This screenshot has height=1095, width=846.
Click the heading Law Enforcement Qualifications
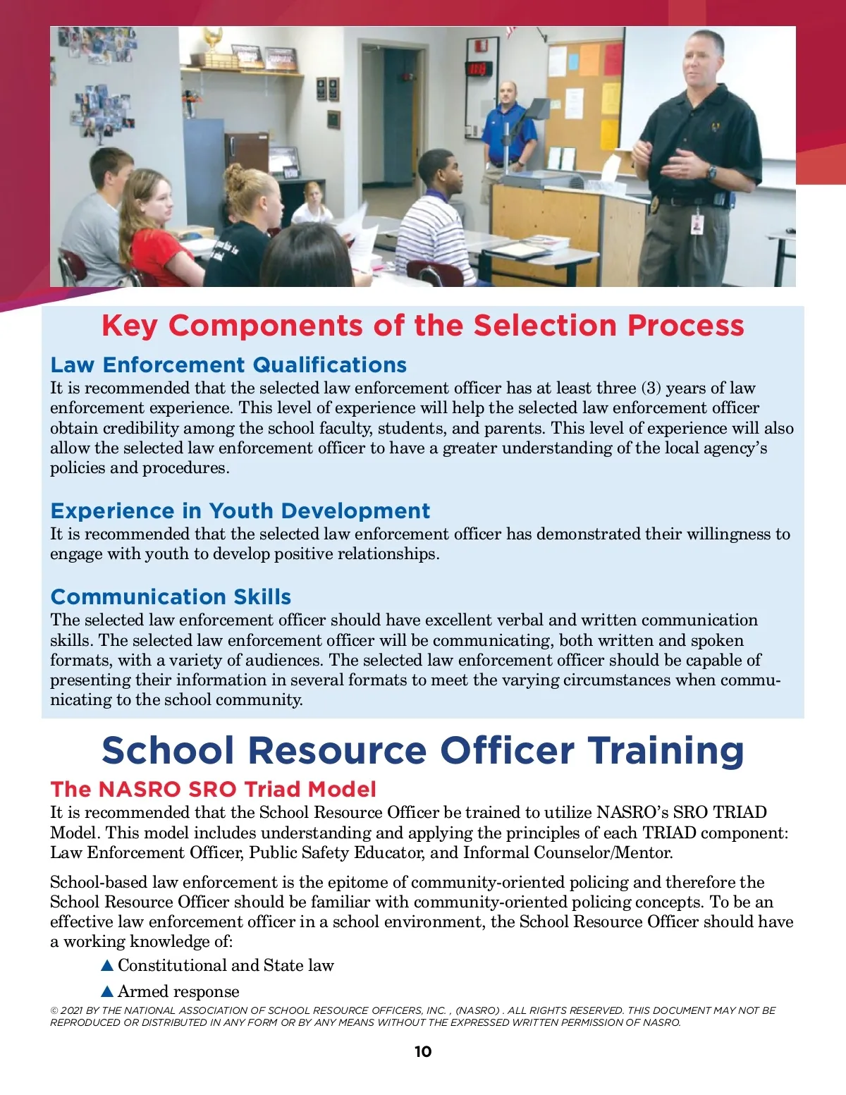228,365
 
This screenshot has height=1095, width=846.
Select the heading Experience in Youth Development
240,510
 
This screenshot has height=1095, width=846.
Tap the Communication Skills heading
171,597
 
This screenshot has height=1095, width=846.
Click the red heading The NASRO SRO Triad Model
213,789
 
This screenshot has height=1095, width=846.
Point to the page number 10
423,1051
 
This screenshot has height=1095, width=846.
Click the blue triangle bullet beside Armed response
107,991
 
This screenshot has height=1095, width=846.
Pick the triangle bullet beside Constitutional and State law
107,965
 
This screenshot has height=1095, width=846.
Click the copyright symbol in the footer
54,1011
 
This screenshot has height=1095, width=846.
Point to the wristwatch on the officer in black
712,173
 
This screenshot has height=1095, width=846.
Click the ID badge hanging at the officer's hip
697,224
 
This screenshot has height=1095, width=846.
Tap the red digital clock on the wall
478,69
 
